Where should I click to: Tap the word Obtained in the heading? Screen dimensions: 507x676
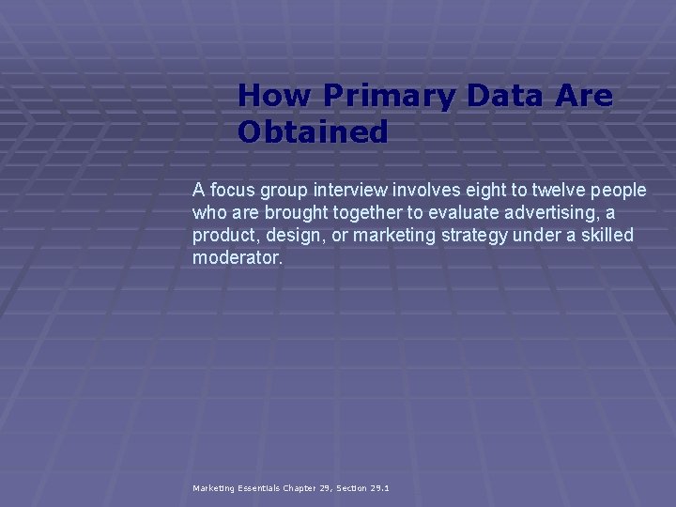point(312,131)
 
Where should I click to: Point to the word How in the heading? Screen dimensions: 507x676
point(275,96)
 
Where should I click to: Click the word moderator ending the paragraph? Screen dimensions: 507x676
point(236,256)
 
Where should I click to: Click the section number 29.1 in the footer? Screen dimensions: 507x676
point(379,488)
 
